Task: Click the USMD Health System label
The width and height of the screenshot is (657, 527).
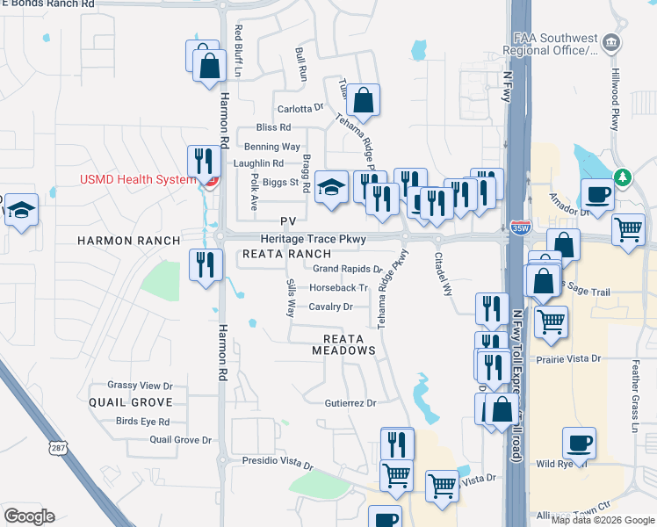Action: tap(137, 180)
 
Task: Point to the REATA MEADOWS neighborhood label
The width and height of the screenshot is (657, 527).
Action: tap(343, 343)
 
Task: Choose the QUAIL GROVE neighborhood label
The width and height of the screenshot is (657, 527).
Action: tap(130, 401)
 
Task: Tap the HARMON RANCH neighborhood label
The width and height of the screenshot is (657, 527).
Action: tap(128, 240)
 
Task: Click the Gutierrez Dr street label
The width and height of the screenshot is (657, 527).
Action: tap(350, 403)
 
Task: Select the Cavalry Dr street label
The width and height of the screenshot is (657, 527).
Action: tap(330, 307)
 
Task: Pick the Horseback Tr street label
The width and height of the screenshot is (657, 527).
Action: tap(338, 287)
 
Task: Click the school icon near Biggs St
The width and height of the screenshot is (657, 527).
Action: tap(331, 187)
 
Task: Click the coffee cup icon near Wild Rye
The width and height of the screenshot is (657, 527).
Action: tap(578, 444)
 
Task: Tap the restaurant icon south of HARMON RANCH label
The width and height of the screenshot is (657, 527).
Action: tap(206, 265)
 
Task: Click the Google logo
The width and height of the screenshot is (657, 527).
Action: tap(29, 516)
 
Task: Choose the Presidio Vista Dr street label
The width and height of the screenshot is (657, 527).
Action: tap(278, 461)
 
